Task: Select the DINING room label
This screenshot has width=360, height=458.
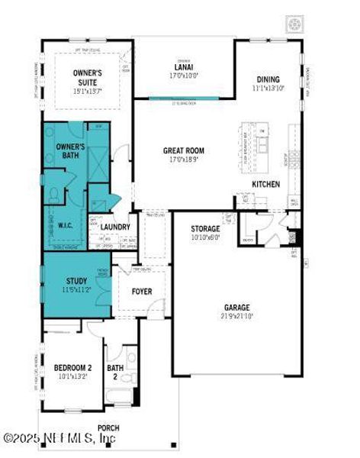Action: [268, 79]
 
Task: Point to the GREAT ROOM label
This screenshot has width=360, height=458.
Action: [184, 150]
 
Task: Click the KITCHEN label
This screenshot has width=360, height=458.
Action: [265, 185]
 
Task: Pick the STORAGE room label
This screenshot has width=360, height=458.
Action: [205, 228]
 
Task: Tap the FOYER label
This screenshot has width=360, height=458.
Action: [142, 292]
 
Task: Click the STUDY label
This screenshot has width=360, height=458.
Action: [76, 280]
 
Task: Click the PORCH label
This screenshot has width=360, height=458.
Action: [108, 427]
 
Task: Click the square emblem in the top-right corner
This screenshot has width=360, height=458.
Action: [295, 24]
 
